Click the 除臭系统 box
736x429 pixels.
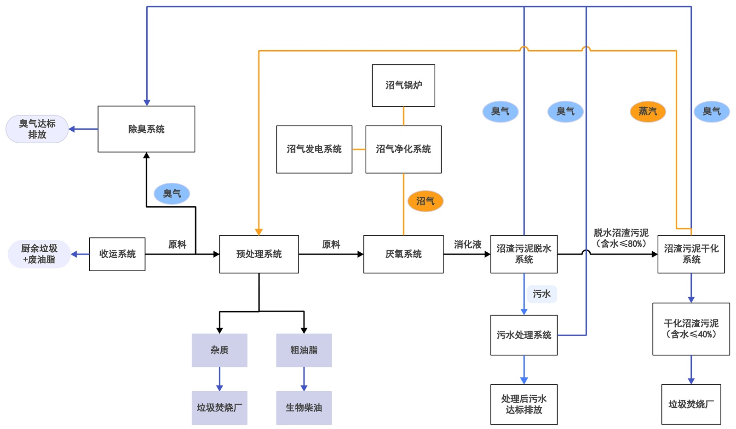point(146,129)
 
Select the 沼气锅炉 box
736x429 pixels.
point(403,85)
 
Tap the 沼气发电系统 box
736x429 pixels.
point(314,149)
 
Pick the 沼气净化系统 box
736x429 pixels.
point(403,149)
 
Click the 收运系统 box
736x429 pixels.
point(117,254)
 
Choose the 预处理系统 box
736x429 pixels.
point(259,254)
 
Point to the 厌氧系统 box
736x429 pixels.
point(403,254)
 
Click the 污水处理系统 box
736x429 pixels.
point(524,335)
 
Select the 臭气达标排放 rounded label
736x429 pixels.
point(37,129)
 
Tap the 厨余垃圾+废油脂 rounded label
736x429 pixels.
point(39,254)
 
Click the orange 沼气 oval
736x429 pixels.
point(425,201)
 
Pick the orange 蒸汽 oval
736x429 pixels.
point(648,111)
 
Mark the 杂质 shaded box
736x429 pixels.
point(219,350)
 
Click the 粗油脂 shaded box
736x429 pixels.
point(304,350)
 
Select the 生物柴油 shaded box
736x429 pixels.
point(304,408)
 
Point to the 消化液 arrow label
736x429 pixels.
point(467,244)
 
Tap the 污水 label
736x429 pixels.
point(541,294)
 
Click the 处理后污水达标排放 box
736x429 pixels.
point(524,404)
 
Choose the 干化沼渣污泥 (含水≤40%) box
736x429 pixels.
point(691,329)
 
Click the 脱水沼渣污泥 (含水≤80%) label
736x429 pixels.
point(621,238)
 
